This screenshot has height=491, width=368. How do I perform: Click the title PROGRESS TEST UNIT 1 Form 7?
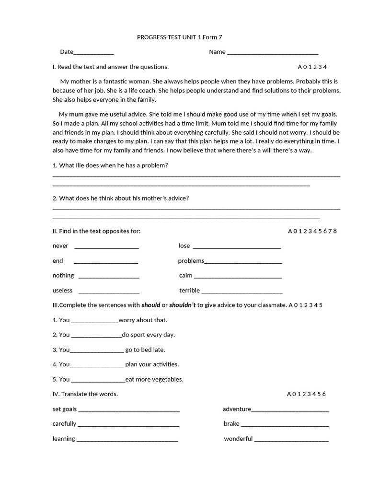point(180,37)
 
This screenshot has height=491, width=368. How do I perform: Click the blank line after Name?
point(273,53)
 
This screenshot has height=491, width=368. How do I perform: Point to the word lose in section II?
point(184,246)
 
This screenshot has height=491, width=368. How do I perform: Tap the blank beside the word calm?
point(238,277)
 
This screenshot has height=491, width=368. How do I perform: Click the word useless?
point(62,291)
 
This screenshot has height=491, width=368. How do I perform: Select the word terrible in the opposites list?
point(189,291)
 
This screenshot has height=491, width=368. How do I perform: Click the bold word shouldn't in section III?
point(183,305)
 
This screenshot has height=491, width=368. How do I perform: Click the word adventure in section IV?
point(237,409)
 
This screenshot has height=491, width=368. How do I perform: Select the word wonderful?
point(238,439)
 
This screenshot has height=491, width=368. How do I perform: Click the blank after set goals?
point(129,410)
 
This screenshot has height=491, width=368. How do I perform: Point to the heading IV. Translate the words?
point(85,394)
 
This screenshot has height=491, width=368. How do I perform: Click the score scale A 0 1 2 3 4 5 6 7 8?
point(312,231)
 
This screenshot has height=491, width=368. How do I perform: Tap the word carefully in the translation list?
point(64,424)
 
